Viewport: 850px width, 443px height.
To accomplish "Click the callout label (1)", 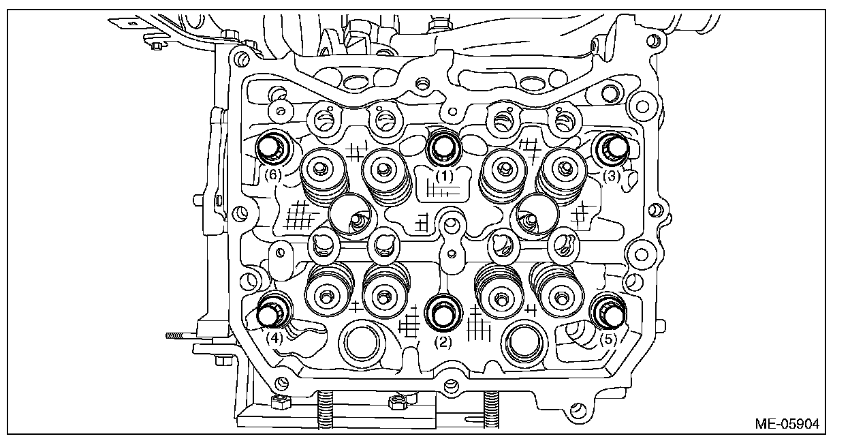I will (x=445, y=175).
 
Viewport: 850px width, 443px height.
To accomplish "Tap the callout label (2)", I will (x=443, y=343).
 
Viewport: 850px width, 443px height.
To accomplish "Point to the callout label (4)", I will (x=274, y=336).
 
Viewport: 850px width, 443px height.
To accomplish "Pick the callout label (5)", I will (x=608, y=336).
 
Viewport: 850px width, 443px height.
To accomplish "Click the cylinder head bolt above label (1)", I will (x=444, y=146).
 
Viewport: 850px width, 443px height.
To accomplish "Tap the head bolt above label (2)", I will (x=443, y=312).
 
